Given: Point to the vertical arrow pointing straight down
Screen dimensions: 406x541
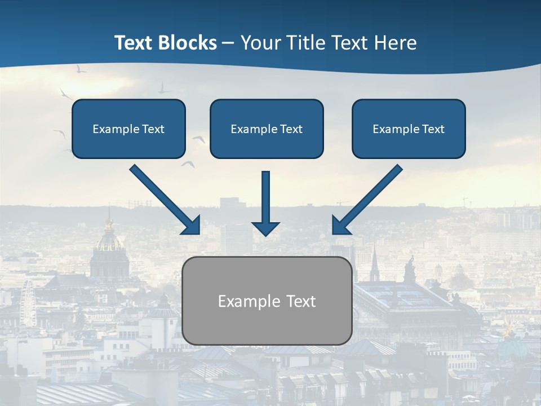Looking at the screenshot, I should point(265,197).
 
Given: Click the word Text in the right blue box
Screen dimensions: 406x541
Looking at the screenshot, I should point(433,129).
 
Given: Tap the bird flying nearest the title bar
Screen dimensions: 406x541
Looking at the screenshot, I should point(81,69).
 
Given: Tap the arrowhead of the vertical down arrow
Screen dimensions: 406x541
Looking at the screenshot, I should point(265,228).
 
